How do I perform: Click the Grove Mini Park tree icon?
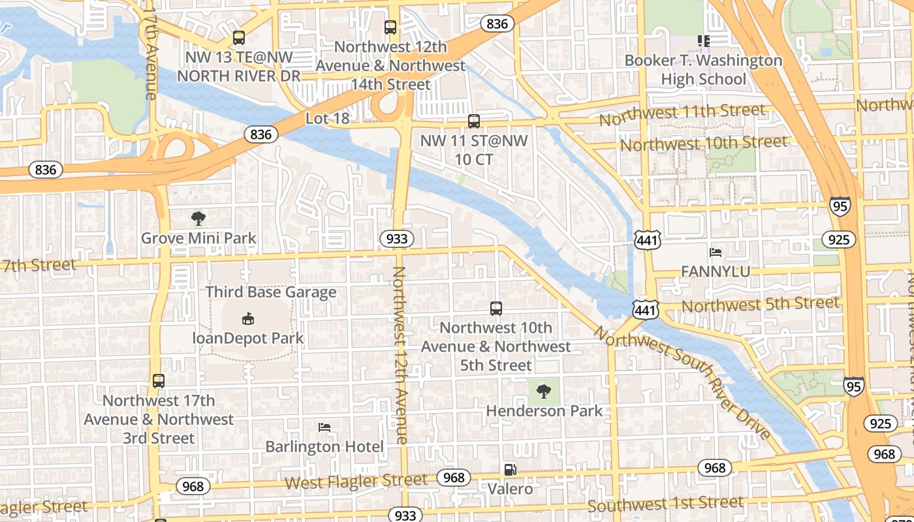tap(198, 219)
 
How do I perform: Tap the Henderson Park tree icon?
tap(543, 391)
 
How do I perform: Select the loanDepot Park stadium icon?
tap(248, 319)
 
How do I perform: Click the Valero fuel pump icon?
tap(510, 469)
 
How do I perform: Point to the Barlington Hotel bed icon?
tap(324, 427)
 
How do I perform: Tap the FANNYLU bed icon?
tap(716, 252)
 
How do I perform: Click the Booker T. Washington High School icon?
tap(703, 41)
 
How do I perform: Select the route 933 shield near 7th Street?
tap(396, 239)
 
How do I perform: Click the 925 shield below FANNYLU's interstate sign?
tap(838, 239)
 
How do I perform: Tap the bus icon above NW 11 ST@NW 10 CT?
tap(474, 121)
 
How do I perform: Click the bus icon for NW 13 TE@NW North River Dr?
tap(239, 38)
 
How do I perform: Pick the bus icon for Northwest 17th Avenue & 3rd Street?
tap(159, 381)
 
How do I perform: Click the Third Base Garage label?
tap(271, 292)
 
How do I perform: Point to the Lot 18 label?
tap(327, 119)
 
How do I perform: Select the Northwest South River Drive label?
tap(682, 382)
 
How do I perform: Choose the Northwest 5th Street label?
tap(760, 304)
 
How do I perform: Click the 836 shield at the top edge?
tap(497, 24)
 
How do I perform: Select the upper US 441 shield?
tap(647, 239)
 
